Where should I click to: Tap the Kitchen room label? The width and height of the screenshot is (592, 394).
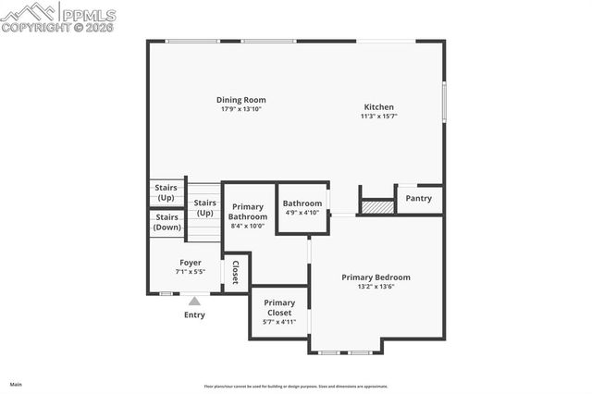(379, 106)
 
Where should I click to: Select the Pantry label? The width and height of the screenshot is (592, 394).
(418, 198)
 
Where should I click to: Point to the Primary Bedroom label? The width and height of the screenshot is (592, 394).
(376, 277)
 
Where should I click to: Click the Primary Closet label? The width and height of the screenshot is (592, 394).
(278, 307)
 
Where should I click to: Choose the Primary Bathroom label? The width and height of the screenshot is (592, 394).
(248, 212)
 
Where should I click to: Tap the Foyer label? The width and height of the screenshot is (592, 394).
(191, 263)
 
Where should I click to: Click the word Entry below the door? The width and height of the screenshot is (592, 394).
(194, 314)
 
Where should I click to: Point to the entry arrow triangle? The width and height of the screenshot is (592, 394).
(194, 300)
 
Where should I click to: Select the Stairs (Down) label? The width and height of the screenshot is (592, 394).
(167, 222)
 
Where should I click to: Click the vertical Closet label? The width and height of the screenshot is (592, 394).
(236, 272)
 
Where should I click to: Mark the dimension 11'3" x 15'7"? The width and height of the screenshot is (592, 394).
(379, 117)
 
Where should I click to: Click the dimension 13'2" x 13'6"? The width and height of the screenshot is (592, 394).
(376, 287)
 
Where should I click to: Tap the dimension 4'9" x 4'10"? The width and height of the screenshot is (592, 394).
(302, 213)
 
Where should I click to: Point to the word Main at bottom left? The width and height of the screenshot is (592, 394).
(16, 384)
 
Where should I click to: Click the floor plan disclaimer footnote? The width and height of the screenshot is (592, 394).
(296, 387)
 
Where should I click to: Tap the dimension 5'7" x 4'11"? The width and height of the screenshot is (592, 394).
(278, 322)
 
